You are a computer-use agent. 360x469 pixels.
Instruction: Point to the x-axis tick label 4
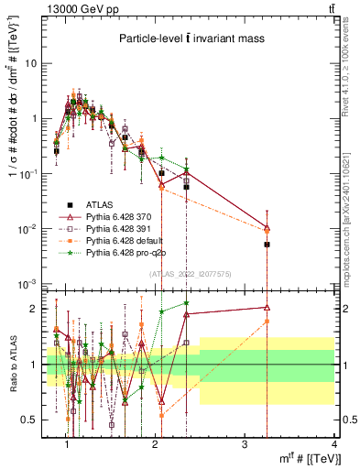coord(334,444)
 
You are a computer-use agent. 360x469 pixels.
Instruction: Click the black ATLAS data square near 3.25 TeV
coord(267,245)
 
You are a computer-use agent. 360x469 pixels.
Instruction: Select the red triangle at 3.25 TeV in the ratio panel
coord(267,308)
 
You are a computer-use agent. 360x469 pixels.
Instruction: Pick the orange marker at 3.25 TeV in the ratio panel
coord(267,322)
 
